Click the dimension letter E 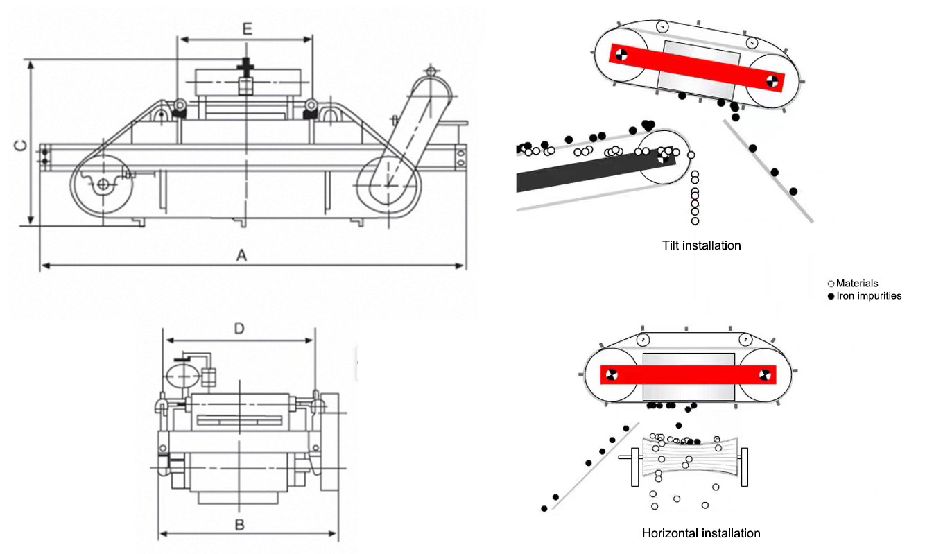tap(247, 29)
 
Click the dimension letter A tap(241, 255)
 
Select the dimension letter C tap(21, 146)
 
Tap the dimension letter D tap(239, 329)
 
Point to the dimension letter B tap(239, 524)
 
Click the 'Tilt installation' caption tap(701, 245)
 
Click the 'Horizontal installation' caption tap(701, 533)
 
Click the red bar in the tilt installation tap(696, 68)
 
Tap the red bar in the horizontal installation tap(688, 374)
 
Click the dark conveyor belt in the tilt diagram tap(595, 171)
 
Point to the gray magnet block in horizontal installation tap(689, 376)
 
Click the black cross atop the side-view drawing tap(245, 67)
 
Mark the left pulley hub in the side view tap(103, 184)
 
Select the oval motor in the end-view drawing tap(182, 376)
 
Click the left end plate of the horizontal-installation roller tap(635, 467)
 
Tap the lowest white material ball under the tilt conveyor tap(695, 221)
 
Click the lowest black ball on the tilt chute tap(793, 191)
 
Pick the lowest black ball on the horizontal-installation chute tap(544, 509)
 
